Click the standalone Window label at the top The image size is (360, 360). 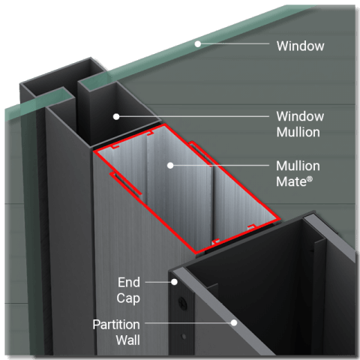(x=300, y=46)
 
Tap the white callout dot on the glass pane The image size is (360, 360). (x=198, y=43)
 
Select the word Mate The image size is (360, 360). (x=293, y=180)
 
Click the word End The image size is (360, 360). (x=128, y=282)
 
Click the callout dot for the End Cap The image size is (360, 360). (x=175, y=282)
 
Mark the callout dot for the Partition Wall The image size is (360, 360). (x=234, y=323)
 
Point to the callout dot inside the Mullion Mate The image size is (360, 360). (x=170, y=164)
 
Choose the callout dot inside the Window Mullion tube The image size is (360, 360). (x=116, y=116)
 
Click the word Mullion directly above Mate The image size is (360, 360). (x=298, y=166)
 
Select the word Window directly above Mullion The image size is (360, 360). (x=300, y=116)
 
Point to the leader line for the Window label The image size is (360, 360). (x=232, y=43)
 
